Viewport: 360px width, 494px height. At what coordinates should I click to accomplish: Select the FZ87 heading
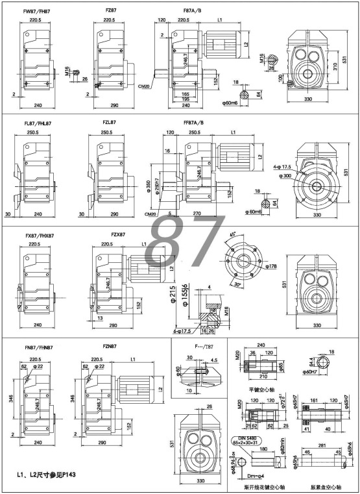point(112,11)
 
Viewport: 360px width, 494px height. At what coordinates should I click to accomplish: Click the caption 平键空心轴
point(261,391)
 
